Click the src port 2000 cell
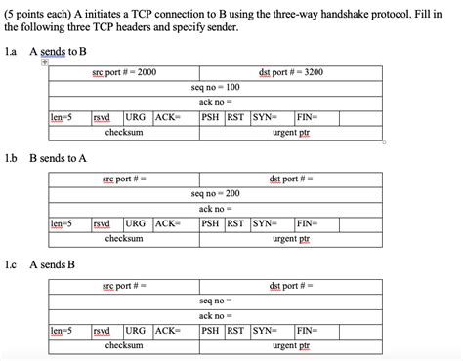click(124, 72)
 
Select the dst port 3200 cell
click(291, 72)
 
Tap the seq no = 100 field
click(217, 87)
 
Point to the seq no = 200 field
click(217, 193)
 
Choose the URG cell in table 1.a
click(136, 116)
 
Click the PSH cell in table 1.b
click(210, 222)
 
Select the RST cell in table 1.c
click(235, 330)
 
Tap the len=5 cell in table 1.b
click(62, 222)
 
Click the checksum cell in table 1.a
click(124, 131)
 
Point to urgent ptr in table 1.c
click(291, 345)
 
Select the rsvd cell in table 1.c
click(102, 330)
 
